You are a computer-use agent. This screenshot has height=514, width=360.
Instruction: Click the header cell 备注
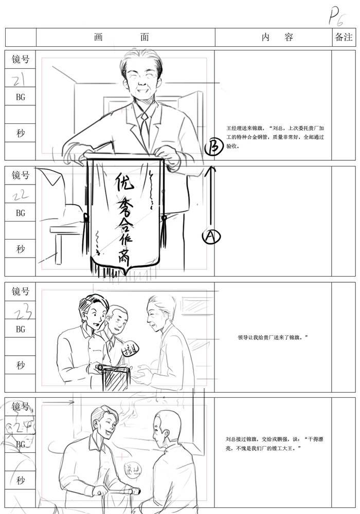tap(344, 38)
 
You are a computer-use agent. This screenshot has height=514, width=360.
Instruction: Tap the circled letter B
tap(212, 148)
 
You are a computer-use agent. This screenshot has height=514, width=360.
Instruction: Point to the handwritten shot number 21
tap(20, 79)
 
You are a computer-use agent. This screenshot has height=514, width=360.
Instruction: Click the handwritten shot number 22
tap(20, 194)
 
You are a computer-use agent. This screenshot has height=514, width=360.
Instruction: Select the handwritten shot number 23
tap(21, 310)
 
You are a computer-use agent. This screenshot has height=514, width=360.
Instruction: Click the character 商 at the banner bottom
tap(124, 262)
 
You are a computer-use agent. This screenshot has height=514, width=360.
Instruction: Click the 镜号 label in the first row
tap(21, 60)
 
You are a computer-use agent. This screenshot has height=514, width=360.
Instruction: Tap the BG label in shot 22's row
tap(21, 212)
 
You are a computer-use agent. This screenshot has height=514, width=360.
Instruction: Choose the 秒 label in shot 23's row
tap(21, 365)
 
